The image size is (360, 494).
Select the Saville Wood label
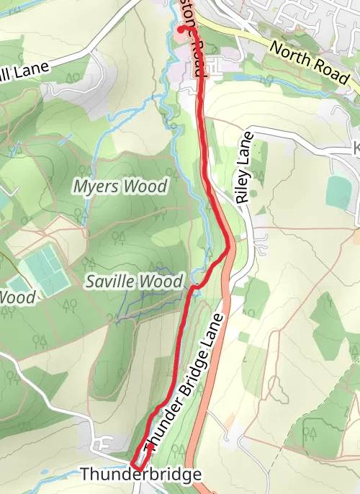tap(135, 282)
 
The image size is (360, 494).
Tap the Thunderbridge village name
tap(140, 475)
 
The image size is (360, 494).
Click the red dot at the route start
tap(180, 30)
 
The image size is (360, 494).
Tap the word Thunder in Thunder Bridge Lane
tap(158, 431)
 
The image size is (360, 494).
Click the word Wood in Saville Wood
tap(162, 282)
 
